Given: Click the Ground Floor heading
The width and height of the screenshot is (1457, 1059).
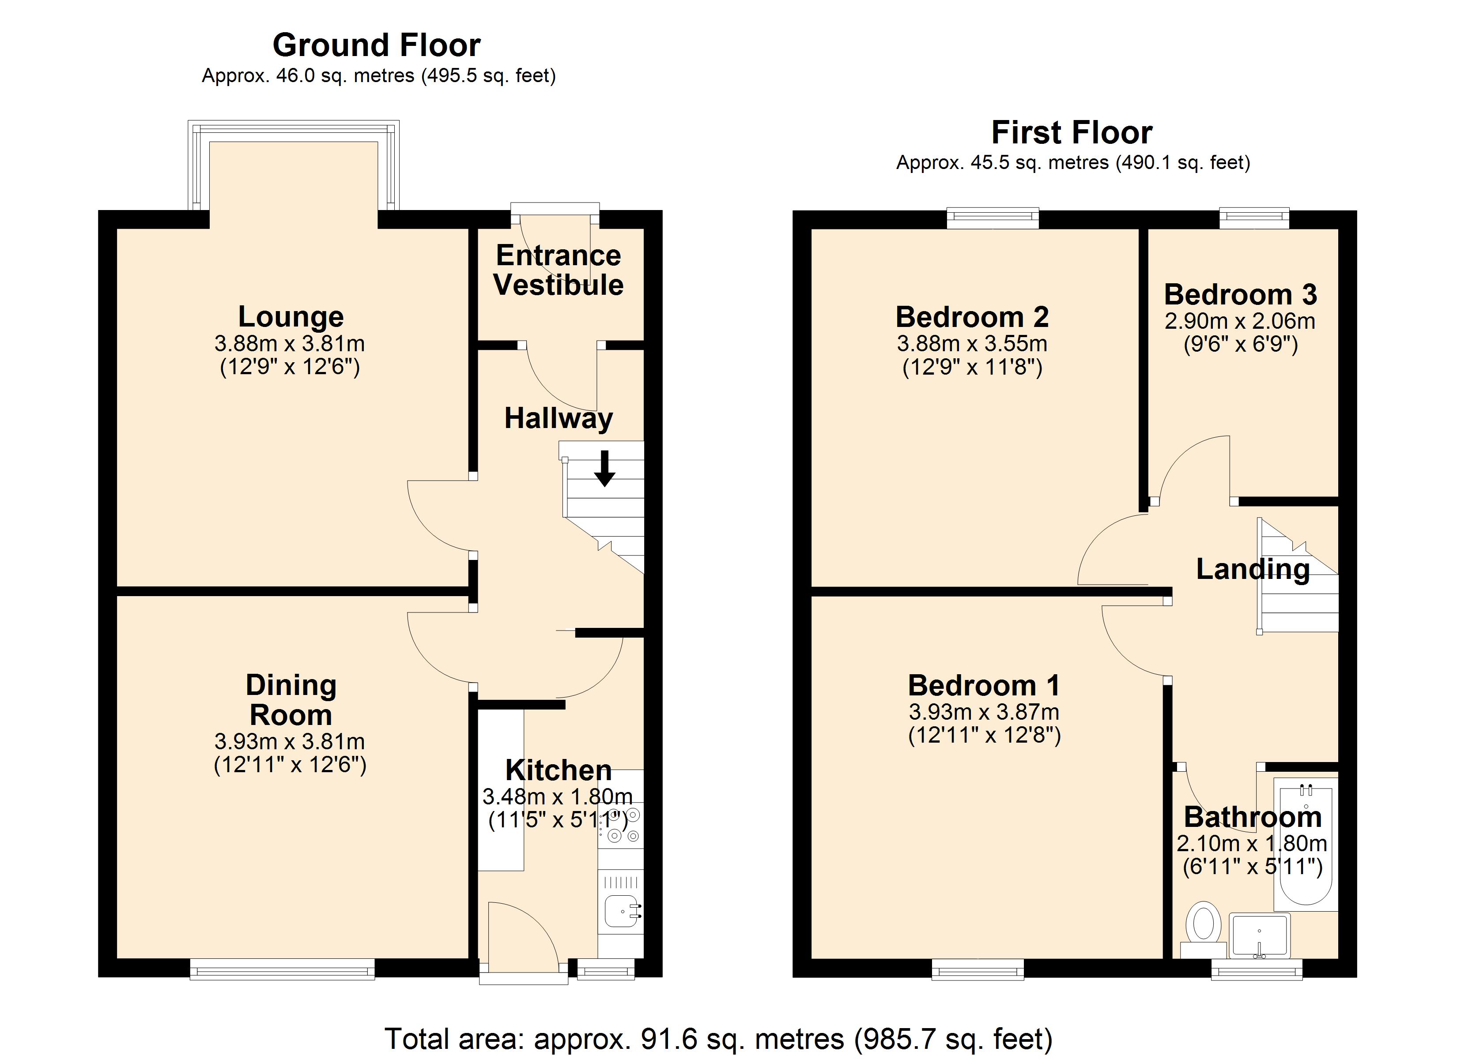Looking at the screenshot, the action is pos(377,45).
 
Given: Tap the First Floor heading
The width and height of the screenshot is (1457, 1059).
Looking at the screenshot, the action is pos(1072,133).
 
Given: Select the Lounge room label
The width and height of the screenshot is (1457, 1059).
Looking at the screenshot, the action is pos(291,317).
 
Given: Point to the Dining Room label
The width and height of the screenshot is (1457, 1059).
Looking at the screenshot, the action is pos(291,699).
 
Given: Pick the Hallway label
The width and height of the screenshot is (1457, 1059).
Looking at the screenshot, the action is pos(558,419).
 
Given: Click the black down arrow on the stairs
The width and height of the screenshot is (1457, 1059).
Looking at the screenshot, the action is pos(604,468).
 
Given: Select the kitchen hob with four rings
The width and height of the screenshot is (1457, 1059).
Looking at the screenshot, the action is pos(621,825).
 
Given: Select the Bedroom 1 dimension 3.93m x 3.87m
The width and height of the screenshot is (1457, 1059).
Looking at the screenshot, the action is pos(984,712).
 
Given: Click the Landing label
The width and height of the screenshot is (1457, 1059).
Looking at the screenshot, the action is pos(1253,569).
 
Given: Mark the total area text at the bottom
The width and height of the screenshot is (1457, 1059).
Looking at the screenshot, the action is pos(718,1038).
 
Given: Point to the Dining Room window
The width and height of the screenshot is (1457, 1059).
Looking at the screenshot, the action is pos(282,969).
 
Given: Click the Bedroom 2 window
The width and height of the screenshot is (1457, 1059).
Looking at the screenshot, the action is pos(993,218).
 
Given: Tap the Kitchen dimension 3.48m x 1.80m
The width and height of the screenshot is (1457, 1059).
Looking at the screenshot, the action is pos(558,797).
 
